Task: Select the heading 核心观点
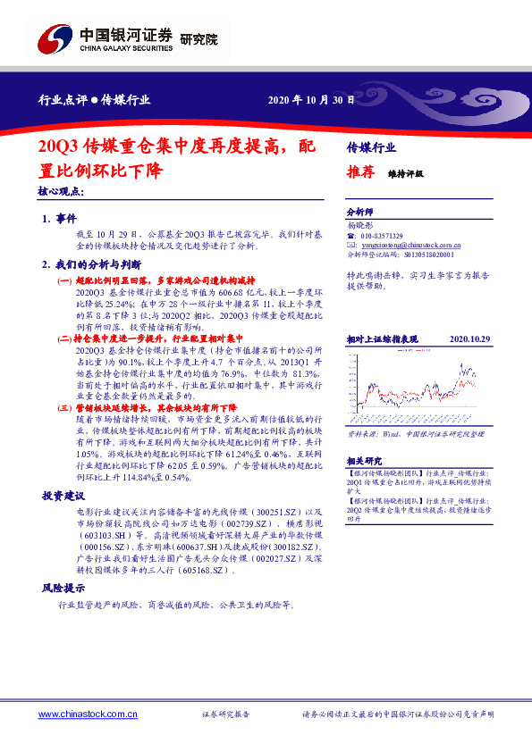coord(61,191)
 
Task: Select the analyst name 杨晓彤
coord(359,226)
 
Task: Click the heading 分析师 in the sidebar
coord(359,213)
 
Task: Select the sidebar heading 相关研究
coord(362,461)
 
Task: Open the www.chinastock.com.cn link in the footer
coord(89,714)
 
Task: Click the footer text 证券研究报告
coord(226,714)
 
